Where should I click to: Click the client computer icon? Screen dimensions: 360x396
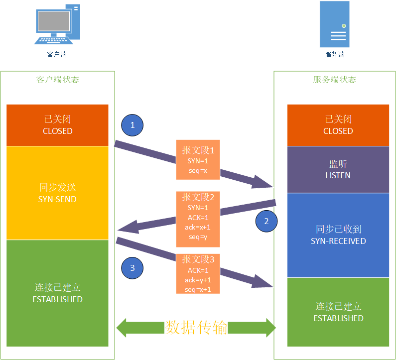pos(57,25)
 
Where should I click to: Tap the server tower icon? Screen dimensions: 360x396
pos(334,23)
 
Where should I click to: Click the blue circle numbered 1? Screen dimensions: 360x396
pos(132,125)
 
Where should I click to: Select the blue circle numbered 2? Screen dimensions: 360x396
pos(266,222)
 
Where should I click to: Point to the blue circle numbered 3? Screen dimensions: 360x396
pos(132,268)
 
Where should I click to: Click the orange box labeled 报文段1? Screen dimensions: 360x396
pos(198,159)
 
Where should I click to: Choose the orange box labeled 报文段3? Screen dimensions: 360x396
pos(198,273)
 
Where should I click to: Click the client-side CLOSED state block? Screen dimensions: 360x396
pos(57,125)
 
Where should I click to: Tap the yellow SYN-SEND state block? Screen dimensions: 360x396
pos(57,193)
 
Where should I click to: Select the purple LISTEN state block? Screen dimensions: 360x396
pos(338,169)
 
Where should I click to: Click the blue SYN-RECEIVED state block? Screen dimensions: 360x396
pos(338,235)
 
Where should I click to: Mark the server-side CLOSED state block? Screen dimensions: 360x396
pos(338,125)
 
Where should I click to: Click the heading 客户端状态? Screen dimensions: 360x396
pos(57,80)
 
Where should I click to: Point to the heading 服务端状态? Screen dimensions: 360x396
pos(334,80)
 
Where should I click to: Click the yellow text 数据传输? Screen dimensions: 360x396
pos(196,328)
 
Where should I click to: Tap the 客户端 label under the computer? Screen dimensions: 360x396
pos(57,54)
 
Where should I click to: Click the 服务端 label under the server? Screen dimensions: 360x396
pos(334,54)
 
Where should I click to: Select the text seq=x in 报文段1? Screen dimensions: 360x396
pos(198,170)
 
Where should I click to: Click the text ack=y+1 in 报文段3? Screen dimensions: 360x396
pos(198,280)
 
